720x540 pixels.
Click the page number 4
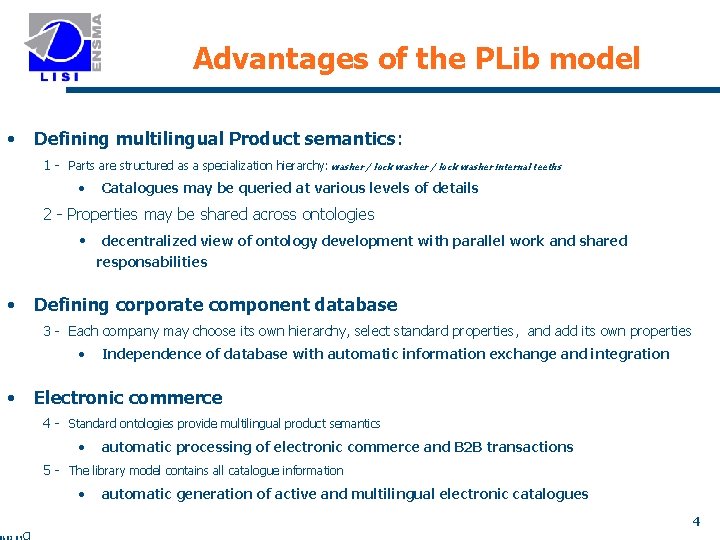696,521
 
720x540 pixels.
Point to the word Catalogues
140,188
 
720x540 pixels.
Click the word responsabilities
152,262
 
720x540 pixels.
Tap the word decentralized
147,241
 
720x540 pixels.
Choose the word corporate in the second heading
165,305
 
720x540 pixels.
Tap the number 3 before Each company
47,331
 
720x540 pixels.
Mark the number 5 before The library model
47,470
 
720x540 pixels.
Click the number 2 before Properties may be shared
47,214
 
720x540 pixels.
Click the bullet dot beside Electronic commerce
10,397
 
